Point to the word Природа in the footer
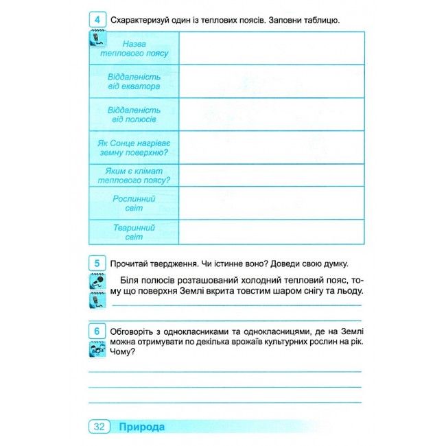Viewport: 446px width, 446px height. point(141,427)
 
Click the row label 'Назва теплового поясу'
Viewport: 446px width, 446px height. point(134,49)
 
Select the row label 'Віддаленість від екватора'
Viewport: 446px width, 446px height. point(134,82)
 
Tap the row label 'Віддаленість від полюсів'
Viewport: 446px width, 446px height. point(134,115)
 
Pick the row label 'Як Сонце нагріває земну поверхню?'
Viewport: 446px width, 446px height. point(134,148)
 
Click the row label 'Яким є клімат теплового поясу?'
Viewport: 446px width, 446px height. point(134,175)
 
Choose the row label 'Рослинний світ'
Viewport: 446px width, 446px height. point(134,203)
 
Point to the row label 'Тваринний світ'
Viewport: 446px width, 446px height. point(134,232)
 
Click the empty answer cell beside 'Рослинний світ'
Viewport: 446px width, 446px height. point(272,203)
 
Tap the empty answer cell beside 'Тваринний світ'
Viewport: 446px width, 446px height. point(272,232)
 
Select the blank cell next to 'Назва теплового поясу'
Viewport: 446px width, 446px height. point(272,49)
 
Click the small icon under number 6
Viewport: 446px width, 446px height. point(96,351)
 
